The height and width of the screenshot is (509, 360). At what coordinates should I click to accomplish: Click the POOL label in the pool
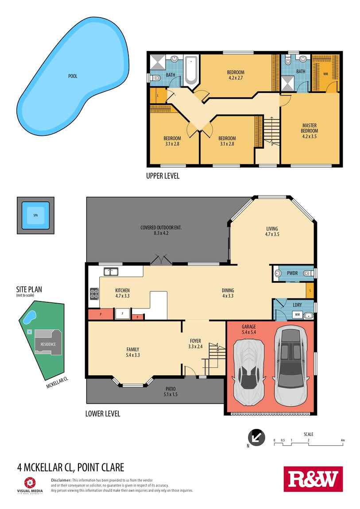tap(73, 76)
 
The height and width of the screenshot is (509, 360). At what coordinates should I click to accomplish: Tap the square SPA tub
tap(35, 216)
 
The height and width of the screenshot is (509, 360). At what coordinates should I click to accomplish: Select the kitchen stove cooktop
tap(94, 293)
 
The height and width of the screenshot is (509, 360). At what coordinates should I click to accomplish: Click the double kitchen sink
tap(111, 271)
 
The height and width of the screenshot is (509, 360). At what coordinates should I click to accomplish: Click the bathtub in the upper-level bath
tap(191, 70)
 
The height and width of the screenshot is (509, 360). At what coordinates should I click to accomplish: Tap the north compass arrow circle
tap(256, 437)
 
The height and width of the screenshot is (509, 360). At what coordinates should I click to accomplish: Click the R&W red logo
tap(313, 479)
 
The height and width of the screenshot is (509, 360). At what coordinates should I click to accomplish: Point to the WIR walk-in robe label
tap(325, 73)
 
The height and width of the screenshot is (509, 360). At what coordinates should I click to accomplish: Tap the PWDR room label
tap(292, 273)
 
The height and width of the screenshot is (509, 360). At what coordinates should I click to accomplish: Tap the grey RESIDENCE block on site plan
tap(48, 343)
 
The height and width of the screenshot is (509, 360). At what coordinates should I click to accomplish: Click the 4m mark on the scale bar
tap(342, 440)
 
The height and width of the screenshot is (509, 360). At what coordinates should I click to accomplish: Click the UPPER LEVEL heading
tap(163, 176)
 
